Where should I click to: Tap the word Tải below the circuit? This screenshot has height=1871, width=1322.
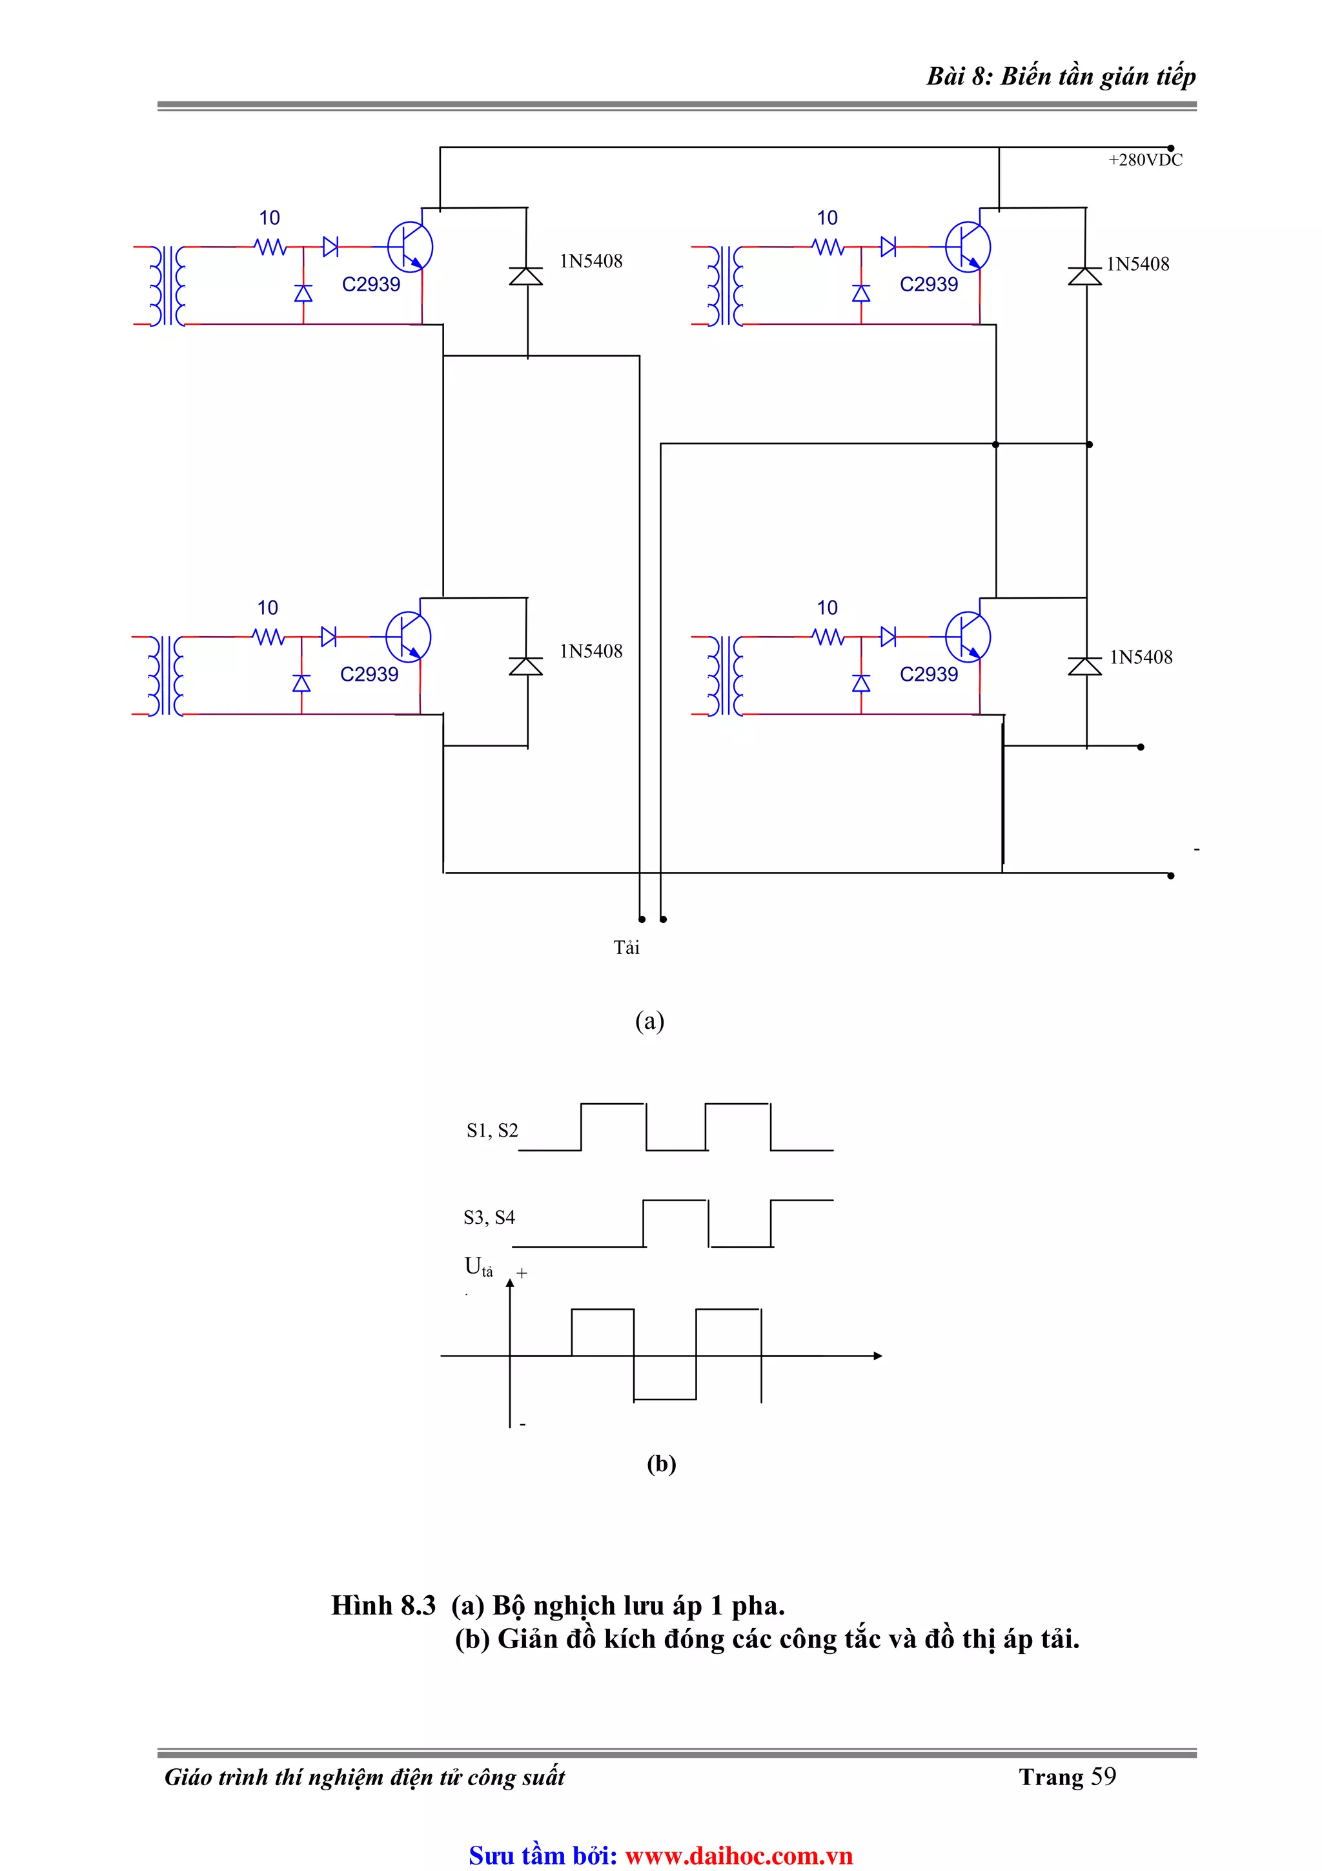625,947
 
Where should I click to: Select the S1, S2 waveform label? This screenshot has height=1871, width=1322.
492,1130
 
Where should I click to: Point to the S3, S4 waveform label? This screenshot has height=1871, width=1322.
489,1217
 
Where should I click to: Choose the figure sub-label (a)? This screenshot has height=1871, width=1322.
649,1020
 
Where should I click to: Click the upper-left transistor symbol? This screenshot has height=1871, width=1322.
409,246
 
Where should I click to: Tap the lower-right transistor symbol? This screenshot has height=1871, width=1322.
968,636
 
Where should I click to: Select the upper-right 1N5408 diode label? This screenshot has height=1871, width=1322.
1137,264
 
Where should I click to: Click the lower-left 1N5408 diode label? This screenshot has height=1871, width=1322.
591,651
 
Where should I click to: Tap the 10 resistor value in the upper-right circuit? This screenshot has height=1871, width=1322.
827,218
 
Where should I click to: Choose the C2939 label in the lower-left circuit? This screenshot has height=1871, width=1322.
369,674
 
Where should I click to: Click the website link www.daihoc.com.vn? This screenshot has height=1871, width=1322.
738,1855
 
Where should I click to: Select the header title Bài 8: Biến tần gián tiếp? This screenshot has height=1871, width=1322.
1061,76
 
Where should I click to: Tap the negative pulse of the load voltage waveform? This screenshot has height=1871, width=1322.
665,1379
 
